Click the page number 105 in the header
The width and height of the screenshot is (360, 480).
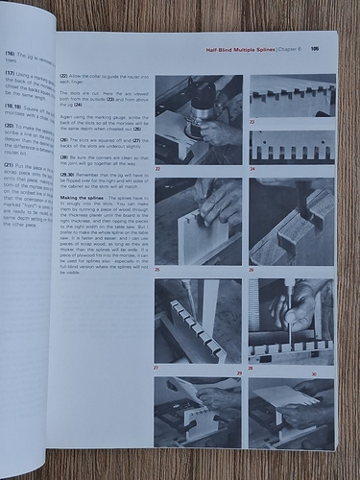(314, 49)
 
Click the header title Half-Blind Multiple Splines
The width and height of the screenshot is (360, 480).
(242, 49)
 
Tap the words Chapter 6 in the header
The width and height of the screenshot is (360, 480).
(289, 49)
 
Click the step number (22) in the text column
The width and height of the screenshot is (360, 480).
(64, 75)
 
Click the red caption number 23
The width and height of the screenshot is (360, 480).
(252, 122)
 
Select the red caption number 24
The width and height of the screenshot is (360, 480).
(252, 168)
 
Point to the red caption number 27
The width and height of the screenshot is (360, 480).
(157, 367)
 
